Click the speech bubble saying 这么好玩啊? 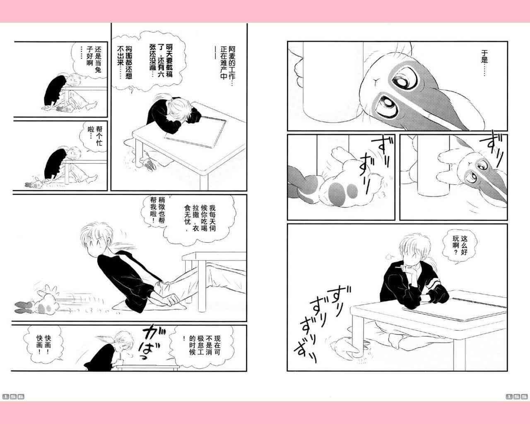tap(460, 247)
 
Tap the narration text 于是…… tap(484, 63)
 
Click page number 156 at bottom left tap(13, 397)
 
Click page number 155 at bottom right tap(517, 397)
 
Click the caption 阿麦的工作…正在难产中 tap(228, 63)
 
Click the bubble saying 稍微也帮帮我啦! tap(158, 212)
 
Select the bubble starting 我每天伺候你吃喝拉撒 tap(200, 219)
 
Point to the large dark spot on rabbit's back tap(336, 193)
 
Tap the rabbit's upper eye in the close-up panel tap(408, 79)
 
